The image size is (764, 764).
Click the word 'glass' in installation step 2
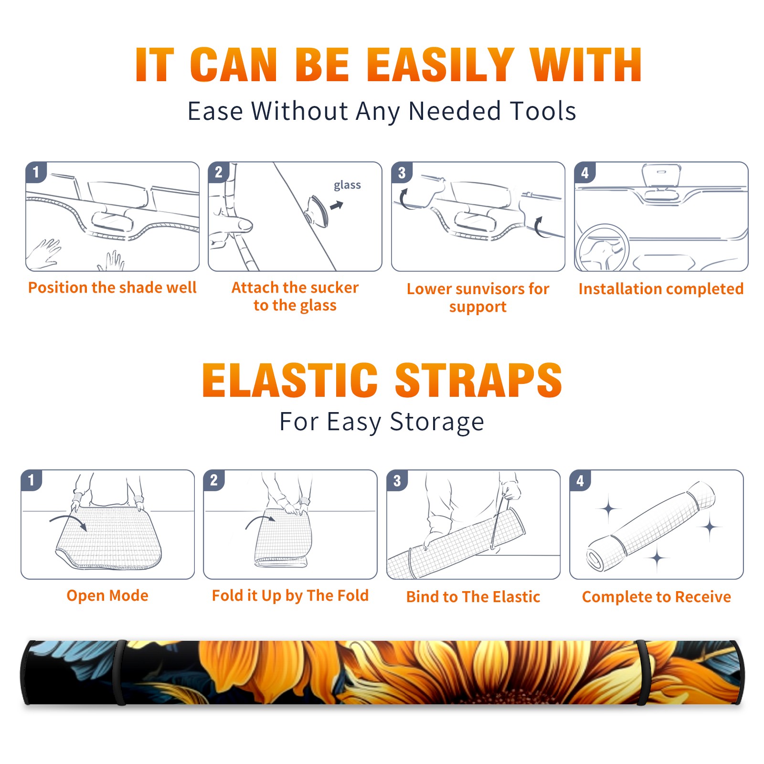(347, 185)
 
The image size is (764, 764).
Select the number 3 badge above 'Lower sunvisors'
(402, 173)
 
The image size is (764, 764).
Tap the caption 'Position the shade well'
(112, 287)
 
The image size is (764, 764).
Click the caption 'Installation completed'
(661, 288)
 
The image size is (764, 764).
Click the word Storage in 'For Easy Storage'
(437, 422)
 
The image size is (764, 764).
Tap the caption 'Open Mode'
(107, 595)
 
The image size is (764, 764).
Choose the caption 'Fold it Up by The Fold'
(290, 595)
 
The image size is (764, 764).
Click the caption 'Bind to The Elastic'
(473, 596)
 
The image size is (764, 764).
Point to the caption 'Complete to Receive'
(657, 597)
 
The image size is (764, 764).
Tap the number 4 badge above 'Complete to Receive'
(580, 480)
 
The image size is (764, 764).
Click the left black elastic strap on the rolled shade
(119, 672)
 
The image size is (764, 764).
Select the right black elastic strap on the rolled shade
(642, 672)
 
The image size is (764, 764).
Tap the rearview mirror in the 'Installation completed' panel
(661, 175)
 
